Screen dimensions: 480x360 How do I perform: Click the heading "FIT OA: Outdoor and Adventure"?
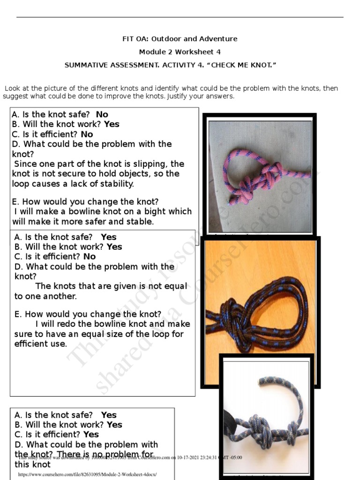(180, 39)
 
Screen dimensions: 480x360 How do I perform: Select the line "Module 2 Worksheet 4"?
(180, 52)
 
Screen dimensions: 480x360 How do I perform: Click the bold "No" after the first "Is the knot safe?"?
(102, 114)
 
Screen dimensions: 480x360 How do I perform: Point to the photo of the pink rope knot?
(260, 176)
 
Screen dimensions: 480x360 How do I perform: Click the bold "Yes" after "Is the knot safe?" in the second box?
(109, 237)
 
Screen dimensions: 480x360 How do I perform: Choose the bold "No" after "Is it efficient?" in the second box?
(89, 256)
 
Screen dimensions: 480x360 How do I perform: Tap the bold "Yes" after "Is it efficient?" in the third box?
(91, 435)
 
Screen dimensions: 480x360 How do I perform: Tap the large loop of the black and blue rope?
(281, 305)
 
